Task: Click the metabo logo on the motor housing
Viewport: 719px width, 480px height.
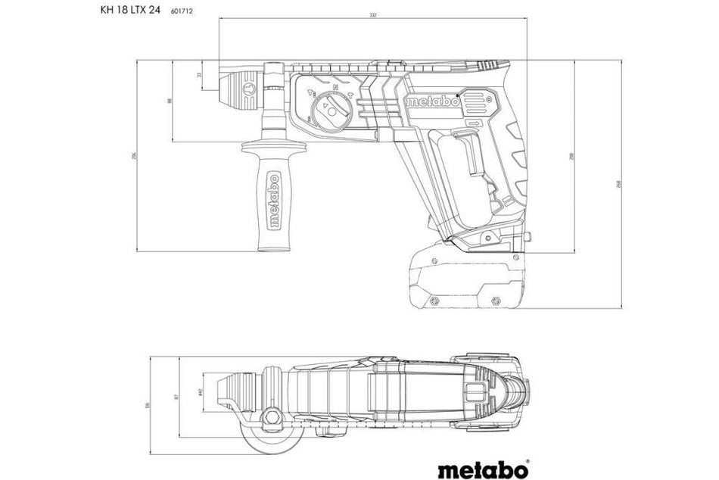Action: tap(432, 101)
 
